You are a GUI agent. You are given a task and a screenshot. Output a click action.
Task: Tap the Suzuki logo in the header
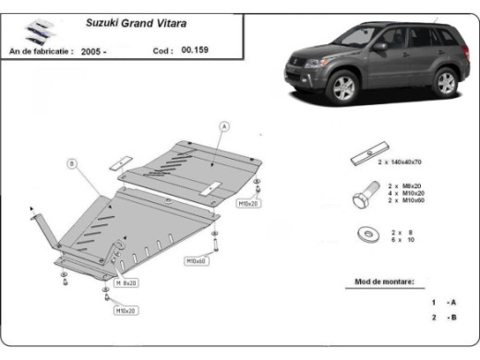35,30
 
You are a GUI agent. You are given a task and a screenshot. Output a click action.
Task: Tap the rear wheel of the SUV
446,81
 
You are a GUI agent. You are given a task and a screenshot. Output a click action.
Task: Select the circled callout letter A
222,125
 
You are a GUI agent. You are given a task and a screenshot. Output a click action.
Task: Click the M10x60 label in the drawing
196,261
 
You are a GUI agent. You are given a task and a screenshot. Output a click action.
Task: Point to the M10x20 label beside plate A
248,202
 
